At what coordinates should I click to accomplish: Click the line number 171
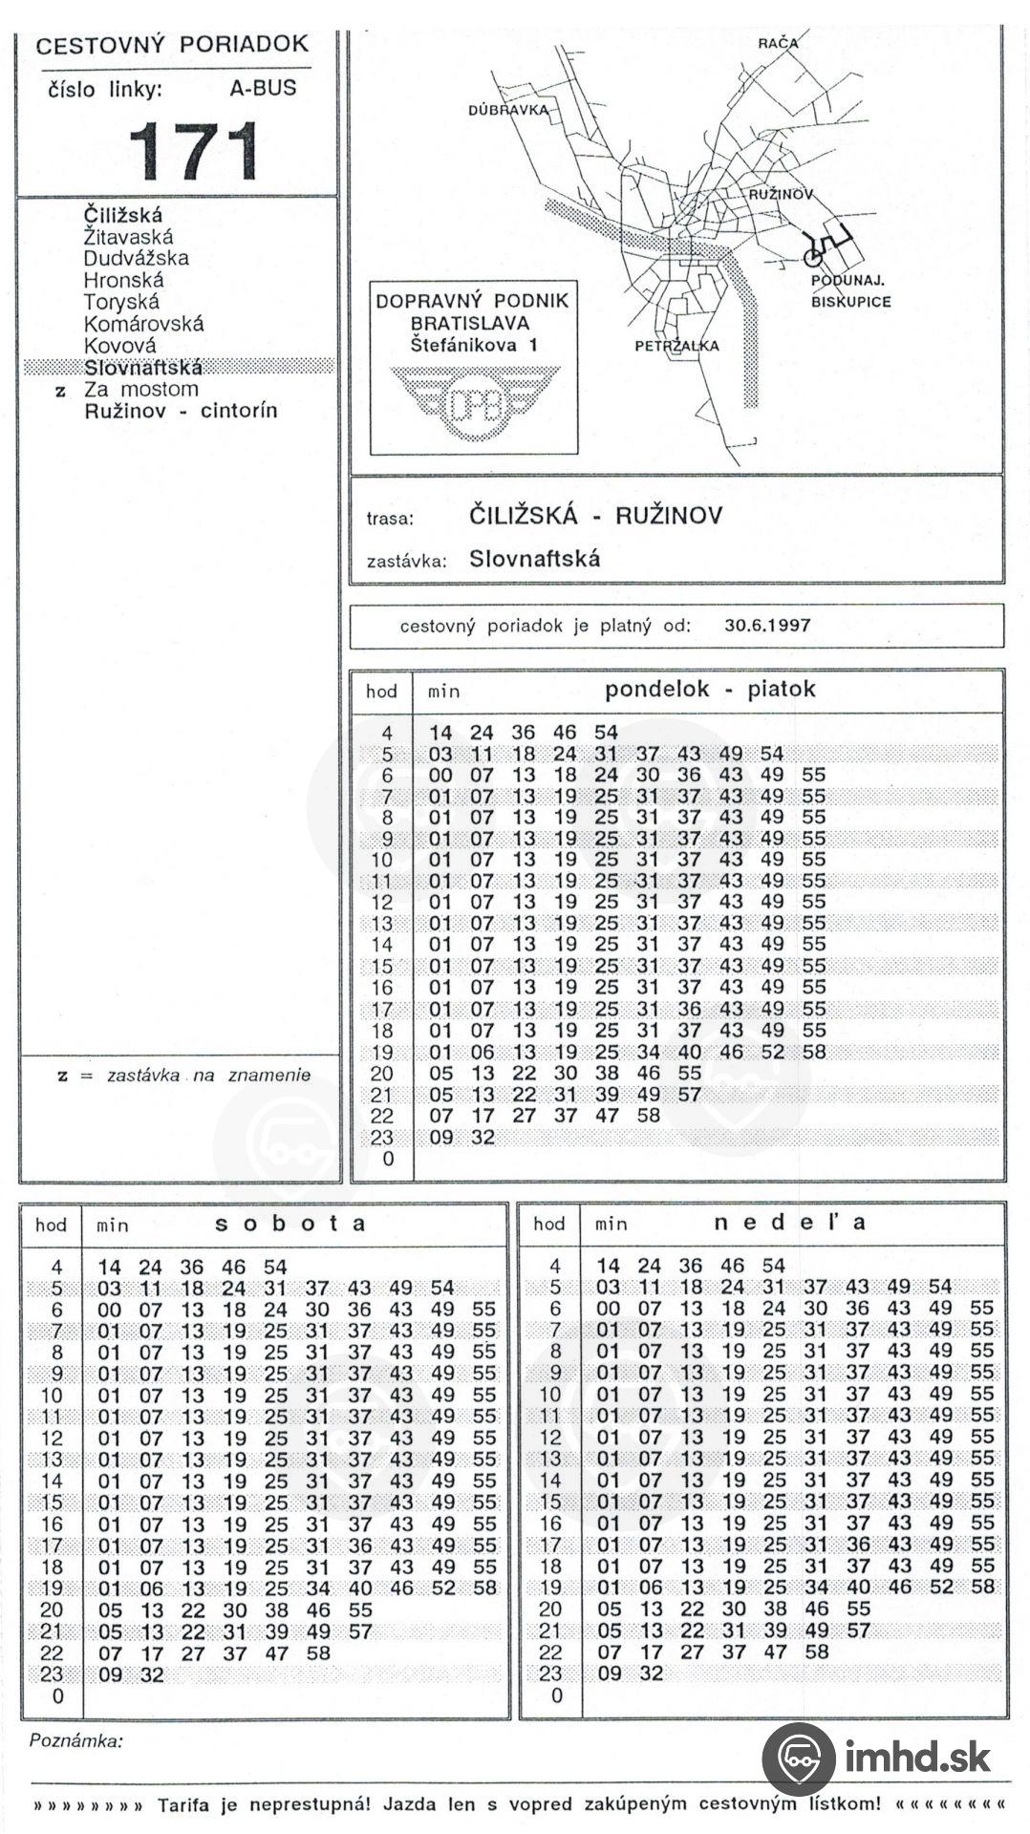tap(194, 151)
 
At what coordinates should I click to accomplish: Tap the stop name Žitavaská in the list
tap(128, 237)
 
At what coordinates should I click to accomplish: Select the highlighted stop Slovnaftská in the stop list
tap(143, 368)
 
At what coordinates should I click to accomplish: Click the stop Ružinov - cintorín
tap(181, 411)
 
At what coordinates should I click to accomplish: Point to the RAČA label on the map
tap(778, 43)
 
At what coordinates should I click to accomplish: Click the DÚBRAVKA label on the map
tap(508, 110)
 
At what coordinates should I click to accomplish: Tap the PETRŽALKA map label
tap(676, 346)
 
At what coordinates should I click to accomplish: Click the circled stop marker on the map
tap(813, 257)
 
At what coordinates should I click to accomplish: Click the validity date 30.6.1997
tap(767, 626)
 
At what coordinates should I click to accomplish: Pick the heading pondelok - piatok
tap(710, 690)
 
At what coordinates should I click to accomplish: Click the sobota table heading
tap(290, 1224)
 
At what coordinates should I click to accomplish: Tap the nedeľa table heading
tap(789, 1223)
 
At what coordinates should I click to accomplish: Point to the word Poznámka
tap(76, 1740)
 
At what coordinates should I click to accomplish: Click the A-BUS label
tap(263, 89)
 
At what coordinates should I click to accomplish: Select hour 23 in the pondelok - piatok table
tap(382, 1137)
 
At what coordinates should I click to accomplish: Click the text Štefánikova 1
tap(474, 345)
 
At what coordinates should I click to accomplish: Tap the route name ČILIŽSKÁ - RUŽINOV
tap(595, 516)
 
